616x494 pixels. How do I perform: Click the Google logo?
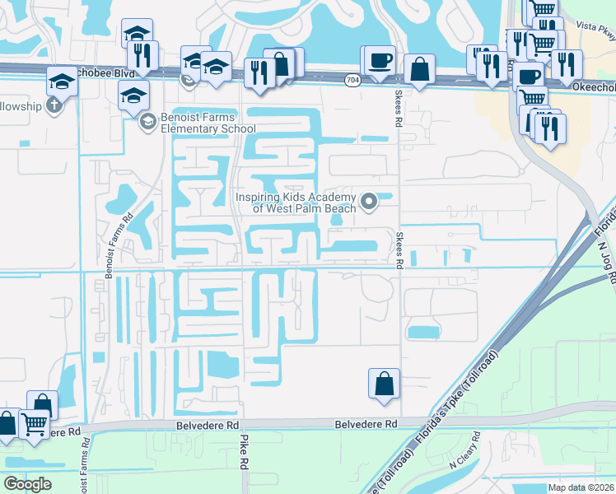pos(27,484)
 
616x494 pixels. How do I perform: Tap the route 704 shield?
pos(352,80)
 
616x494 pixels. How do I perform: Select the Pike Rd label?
pos(245,452)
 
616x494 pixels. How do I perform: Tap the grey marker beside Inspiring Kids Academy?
pos(369,200)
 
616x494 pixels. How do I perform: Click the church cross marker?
pos(54,105)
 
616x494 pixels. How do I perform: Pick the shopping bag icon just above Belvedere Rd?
pos(384,383)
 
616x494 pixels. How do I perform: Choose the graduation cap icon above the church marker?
pos(63,82)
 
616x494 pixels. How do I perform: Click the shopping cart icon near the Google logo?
pos(34,424)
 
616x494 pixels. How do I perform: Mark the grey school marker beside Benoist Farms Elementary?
pos(147,123)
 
